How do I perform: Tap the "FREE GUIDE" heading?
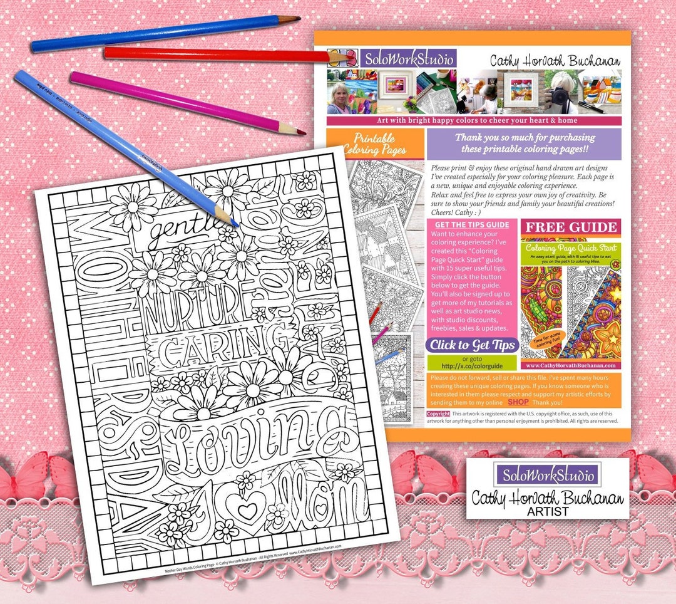coord(571,227)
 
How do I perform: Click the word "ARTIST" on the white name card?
coord(548,511)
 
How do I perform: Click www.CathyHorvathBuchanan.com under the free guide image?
coord(570,365)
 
